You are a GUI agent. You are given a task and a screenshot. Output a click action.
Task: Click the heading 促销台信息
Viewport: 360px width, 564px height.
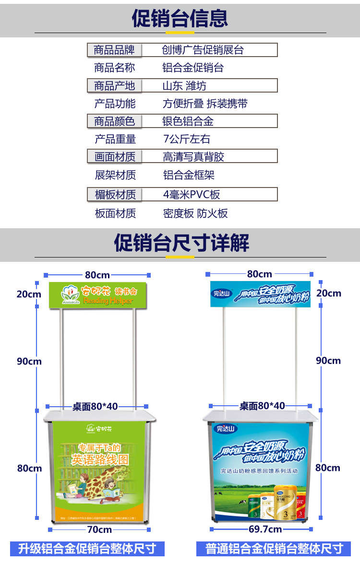click(180, 18)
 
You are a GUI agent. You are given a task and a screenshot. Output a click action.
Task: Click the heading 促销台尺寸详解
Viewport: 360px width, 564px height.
click(181, 243)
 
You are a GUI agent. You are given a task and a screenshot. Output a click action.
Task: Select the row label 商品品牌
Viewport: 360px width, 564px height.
click(114, 50)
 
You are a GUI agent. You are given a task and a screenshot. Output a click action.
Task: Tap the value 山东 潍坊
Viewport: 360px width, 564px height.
click(184, 86)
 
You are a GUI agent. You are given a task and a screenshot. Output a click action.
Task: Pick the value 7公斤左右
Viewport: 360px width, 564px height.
click(187, 139)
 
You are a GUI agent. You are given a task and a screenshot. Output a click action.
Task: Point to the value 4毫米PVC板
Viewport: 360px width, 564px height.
click(192, 194)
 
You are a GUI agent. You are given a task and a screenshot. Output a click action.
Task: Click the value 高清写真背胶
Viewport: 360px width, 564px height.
click(193, 156)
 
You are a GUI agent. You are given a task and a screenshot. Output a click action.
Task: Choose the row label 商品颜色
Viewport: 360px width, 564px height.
click(114, 121)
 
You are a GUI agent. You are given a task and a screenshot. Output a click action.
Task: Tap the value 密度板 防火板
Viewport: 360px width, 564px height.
click(195, 213)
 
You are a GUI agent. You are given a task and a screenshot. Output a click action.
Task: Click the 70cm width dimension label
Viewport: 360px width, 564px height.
click(99, 529)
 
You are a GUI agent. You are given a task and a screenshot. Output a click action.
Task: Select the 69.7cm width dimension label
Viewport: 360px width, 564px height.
click(261, 529)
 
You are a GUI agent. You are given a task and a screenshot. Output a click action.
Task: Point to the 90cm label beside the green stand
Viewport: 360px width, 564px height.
click(29, 361)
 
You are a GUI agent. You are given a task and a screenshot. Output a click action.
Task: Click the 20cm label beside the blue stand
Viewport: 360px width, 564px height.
click(329, 293)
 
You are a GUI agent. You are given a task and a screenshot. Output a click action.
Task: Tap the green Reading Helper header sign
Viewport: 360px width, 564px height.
click(98, 295)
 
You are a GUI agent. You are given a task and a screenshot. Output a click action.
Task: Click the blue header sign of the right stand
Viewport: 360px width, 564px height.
click(260, 294)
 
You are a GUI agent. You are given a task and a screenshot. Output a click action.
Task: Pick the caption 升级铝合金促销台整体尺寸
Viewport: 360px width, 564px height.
click(87, 549)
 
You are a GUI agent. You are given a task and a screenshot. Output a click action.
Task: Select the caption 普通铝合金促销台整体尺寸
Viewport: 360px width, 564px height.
click(275, 549)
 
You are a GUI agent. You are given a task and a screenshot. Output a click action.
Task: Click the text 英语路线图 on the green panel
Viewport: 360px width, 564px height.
click(100, 460)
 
